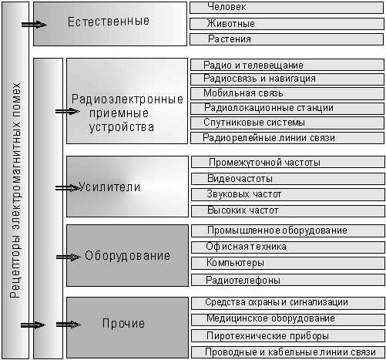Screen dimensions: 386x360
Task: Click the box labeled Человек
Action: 287,8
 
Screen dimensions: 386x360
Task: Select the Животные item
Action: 287,24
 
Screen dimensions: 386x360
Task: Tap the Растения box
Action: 287,39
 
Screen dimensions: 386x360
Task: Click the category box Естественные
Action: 110,24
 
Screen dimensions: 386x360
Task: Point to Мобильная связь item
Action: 287,93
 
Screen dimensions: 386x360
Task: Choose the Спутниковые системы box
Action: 287,123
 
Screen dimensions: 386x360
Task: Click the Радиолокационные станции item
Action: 287,108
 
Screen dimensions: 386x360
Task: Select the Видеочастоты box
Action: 288,179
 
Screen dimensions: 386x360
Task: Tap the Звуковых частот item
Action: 288,194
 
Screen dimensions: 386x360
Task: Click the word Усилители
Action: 109,187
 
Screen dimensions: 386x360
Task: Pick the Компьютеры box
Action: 288,263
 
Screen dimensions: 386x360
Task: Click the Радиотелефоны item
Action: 288,280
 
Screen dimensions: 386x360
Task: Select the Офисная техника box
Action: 288,247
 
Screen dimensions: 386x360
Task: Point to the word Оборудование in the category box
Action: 127,256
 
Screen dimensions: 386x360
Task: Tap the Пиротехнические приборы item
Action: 288,336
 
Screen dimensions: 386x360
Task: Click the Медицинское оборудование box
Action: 288,319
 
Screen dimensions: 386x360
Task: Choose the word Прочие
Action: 123,323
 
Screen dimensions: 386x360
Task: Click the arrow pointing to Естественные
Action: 34,25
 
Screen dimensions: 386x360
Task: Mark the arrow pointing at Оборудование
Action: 69,257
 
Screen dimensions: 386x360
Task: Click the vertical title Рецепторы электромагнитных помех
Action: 15,190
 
